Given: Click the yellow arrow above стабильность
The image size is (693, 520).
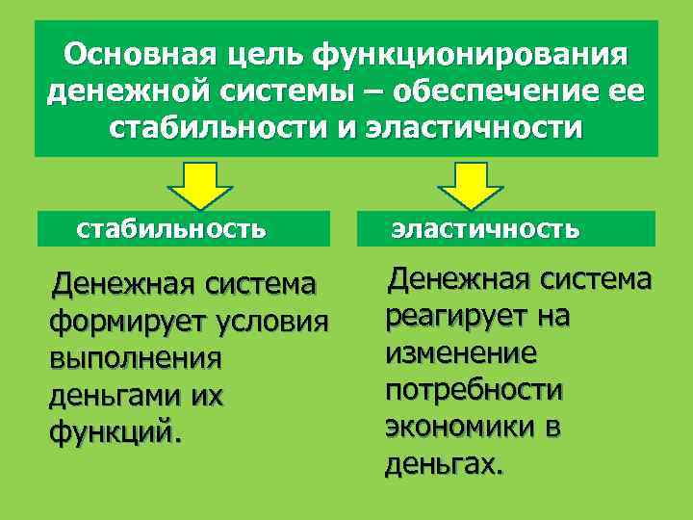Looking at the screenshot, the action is point(200,184).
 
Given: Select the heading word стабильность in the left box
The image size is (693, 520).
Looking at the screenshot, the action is point(171,229).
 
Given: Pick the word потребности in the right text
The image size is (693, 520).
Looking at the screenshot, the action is point(474,390).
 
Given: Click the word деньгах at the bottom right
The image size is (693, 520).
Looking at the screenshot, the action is point(443,465).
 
